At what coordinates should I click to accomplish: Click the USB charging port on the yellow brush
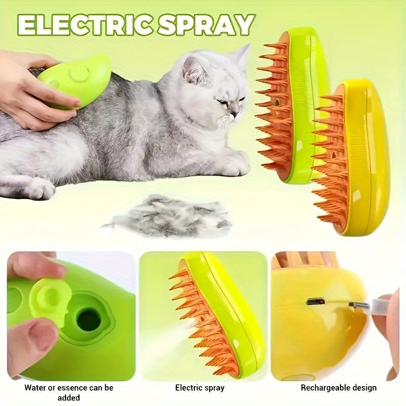[x=315, y=301]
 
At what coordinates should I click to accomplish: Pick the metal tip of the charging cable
[x=355, y=304]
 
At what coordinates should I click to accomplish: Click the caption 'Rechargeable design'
[x=339, y=388]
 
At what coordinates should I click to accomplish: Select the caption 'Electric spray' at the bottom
[x=199, y=388]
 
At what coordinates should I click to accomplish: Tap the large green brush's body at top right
[x=304, y=86]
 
